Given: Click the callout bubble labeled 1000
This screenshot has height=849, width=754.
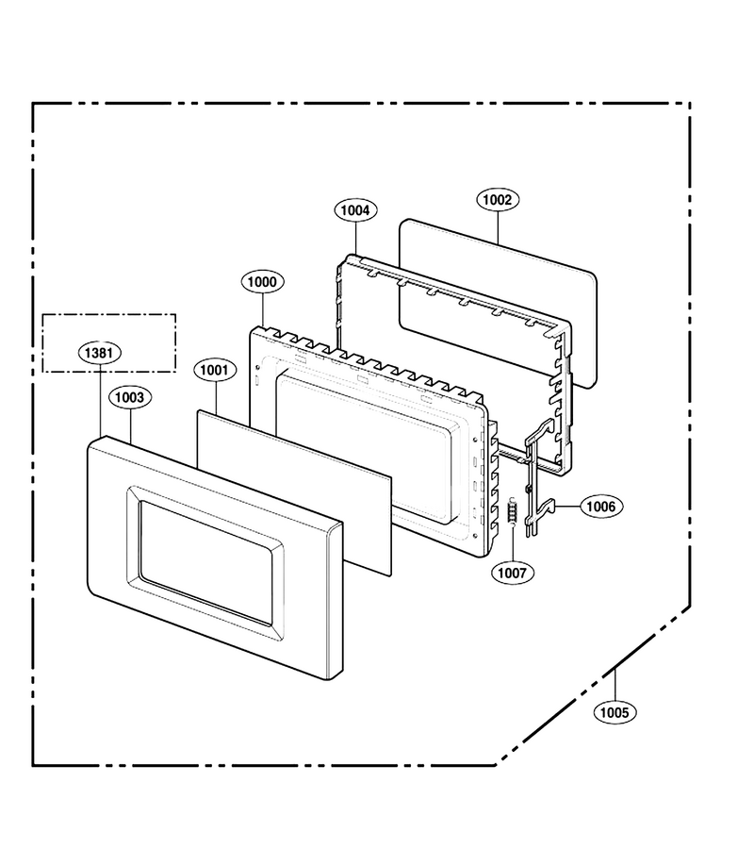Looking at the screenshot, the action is [262, 281].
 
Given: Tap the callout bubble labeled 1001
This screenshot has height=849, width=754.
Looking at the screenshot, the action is [215, 370].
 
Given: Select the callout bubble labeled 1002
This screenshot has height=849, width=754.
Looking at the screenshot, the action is [498, 200].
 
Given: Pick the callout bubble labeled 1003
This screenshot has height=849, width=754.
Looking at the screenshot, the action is [130, 397].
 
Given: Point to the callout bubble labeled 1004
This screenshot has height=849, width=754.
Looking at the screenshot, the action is [355, 210].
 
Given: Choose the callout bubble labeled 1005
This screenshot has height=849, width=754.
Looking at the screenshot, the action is [615, 712].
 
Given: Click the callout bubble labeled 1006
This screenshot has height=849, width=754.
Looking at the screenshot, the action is [601, 507].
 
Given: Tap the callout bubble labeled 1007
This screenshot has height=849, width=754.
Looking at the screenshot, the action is [512, 573].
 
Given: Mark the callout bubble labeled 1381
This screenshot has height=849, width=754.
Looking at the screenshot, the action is [100, 353].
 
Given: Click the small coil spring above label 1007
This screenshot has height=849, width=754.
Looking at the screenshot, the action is [512, 510].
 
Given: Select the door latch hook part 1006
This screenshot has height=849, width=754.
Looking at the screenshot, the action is [541, 476].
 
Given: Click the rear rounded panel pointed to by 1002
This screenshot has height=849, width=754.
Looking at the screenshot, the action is [498, 303].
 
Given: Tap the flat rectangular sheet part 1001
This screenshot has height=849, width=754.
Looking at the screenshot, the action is [294, 491].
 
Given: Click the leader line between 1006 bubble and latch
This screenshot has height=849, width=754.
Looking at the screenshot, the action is [567, 507].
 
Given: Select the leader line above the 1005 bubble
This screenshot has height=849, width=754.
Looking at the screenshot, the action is [615, 685].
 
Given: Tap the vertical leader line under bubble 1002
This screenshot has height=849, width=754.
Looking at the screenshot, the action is [498, 227].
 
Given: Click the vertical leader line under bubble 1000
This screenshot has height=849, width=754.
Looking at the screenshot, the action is [262, 309].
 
